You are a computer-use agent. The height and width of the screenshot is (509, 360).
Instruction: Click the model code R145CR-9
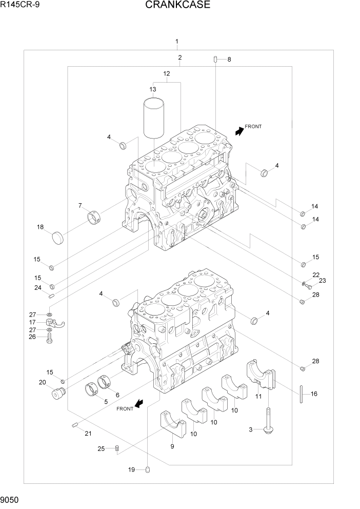[19, 6]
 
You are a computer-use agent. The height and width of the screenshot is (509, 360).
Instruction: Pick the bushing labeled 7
[94, 218]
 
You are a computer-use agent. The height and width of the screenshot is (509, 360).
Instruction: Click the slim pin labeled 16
[302, 394]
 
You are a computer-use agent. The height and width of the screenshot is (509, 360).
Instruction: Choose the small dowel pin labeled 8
[216, 60]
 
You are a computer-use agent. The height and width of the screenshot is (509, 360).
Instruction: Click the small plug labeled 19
[147, 468]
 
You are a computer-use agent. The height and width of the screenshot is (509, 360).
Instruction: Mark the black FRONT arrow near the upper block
[238, 131]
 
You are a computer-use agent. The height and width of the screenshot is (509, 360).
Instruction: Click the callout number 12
[166, 74]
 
